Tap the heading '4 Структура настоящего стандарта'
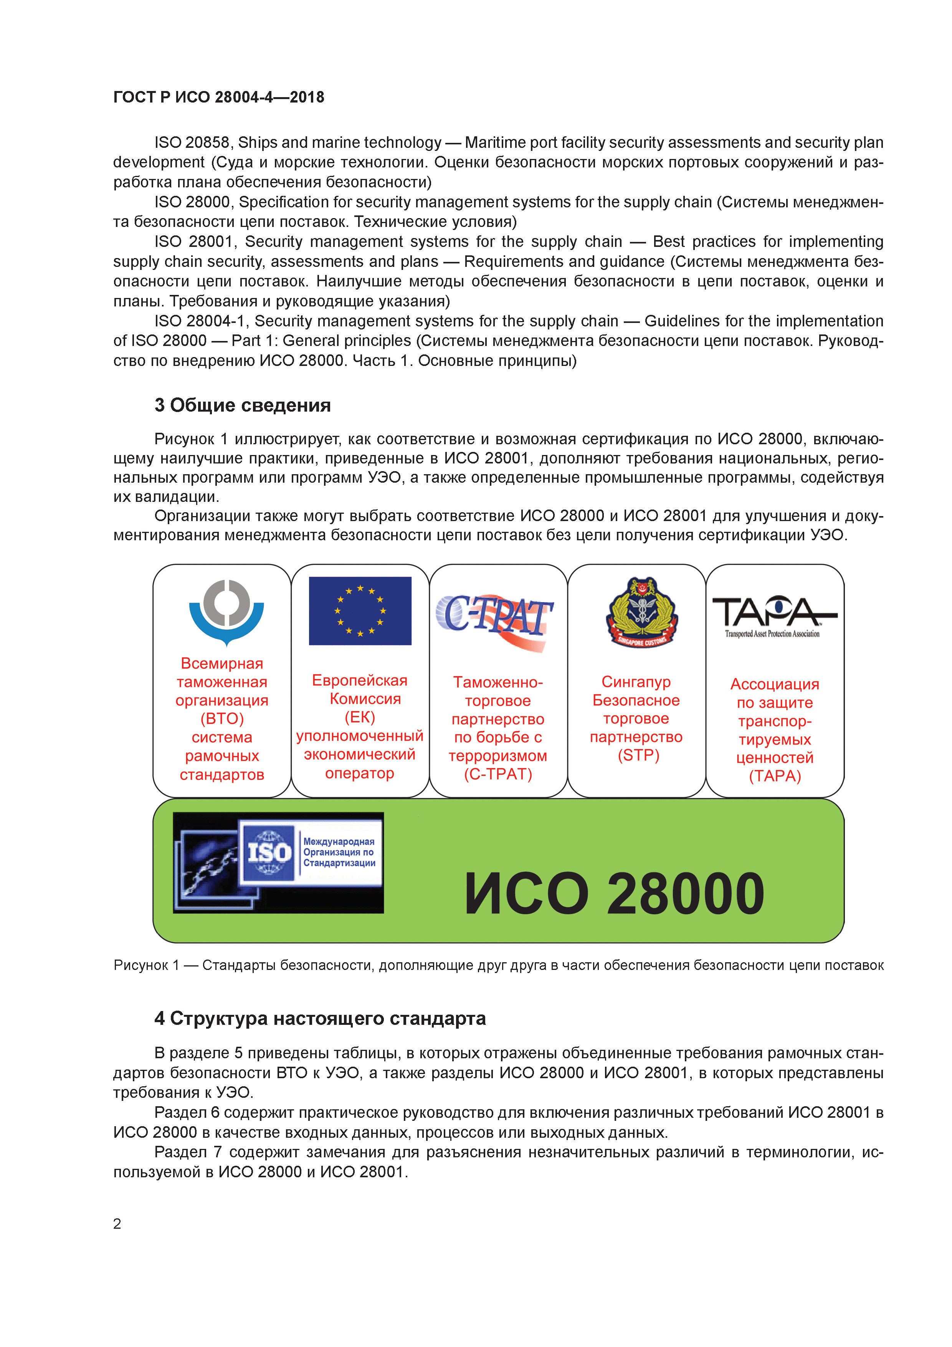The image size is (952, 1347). [x=320, y=1018]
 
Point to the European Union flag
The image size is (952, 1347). [x=360, y=611]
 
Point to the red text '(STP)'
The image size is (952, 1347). [x=638, y=755]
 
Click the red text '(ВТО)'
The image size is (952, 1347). [x=222, y=719]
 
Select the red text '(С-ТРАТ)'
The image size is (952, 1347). [x=498, y=774]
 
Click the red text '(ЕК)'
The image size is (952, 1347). [x=360, y=717]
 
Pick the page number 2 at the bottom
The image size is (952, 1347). [x=117, y=1224]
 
